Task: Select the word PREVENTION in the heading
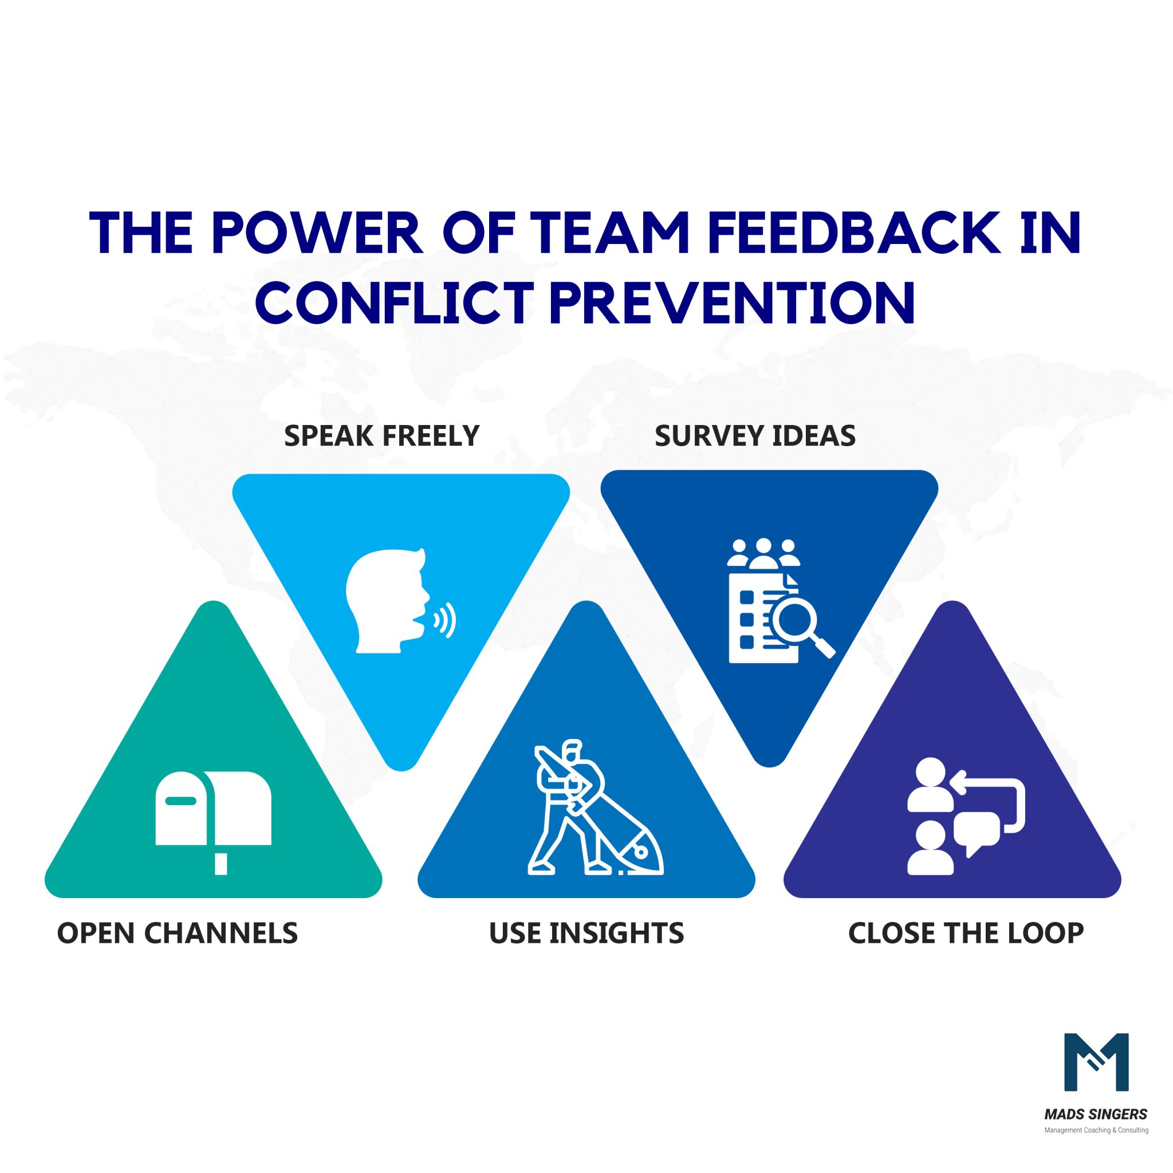pyautogui.click(x=732, y=302)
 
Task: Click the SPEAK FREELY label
pyautogui.click(x=382, y=436)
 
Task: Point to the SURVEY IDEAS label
pyautogui.click(x=755, y=436)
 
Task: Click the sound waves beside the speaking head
pyautogui.click(x=445, y=620)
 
